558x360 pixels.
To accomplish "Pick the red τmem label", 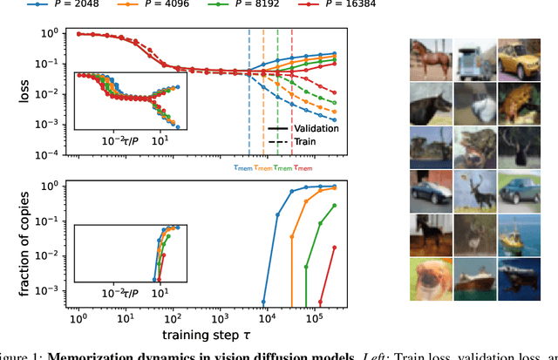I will pos(303,167).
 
